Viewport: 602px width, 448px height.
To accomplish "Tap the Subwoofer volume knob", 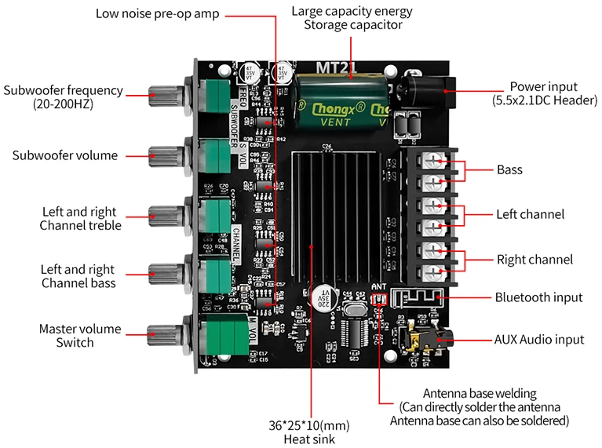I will click(166, 154).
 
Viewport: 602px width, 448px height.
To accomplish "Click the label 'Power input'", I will click(543, 86).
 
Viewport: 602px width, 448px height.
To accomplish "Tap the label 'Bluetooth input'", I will click(538, 297).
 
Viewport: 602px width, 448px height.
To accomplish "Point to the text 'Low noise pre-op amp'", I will click(158, 14).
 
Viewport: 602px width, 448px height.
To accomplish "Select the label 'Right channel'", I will click(535, 259).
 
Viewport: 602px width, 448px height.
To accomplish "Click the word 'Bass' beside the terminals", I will click(509, 169).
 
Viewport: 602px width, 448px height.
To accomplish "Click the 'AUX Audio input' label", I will click(539, 339).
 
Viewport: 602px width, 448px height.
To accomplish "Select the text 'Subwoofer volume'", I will click(65, 155).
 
